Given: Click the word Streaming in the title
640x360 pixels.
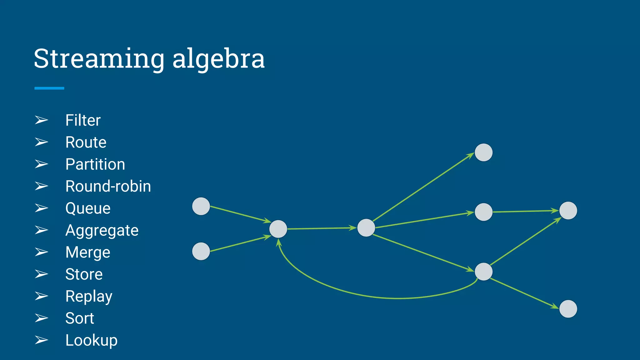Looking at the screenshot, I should point(99,59).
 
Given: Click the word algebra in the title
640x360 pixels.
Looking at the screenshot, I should point(218,59).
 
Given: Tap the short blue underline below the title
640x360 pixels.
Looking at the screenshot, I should point(49,88).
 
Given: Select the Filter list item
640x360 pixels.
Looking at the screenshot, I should point(83,120).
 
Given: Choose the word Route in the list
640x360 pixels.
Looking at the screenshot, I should point(86,142).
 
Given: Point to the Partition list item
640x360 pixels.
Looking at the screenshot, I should point(95,164).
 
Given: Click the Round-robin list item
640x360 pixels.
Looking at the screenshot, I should point(108,187).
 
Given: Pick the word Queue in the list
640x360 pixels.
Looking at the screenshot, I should point(88,208).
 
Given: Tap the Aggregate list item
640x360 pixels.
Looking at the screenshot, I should point(102,231).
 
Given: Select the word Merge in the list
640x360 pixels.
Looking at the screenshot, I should point(88,252).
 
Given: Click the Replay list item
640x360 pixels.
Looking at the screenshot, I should point(89,297).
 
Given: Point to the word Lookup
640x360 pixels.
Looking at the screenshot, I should point(91,340).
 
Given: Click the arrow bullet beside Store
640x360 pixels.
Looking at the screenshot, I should point(41,274).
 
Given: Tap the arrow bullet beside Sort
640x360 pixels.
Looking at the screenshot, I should point(41,318).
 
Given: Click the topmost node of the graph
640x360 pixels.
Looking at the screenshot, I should point(483,152).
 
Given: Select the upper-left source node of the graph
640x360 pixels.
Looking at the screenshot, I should point(201,206).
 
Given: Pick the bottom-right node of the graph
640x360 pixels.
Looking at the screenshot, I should point(568,309).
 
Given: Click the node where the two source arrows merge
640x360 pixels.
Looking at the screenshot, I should point(278,229).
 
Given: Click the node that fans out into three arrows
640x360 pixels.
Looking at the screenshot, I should point(366,228).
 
